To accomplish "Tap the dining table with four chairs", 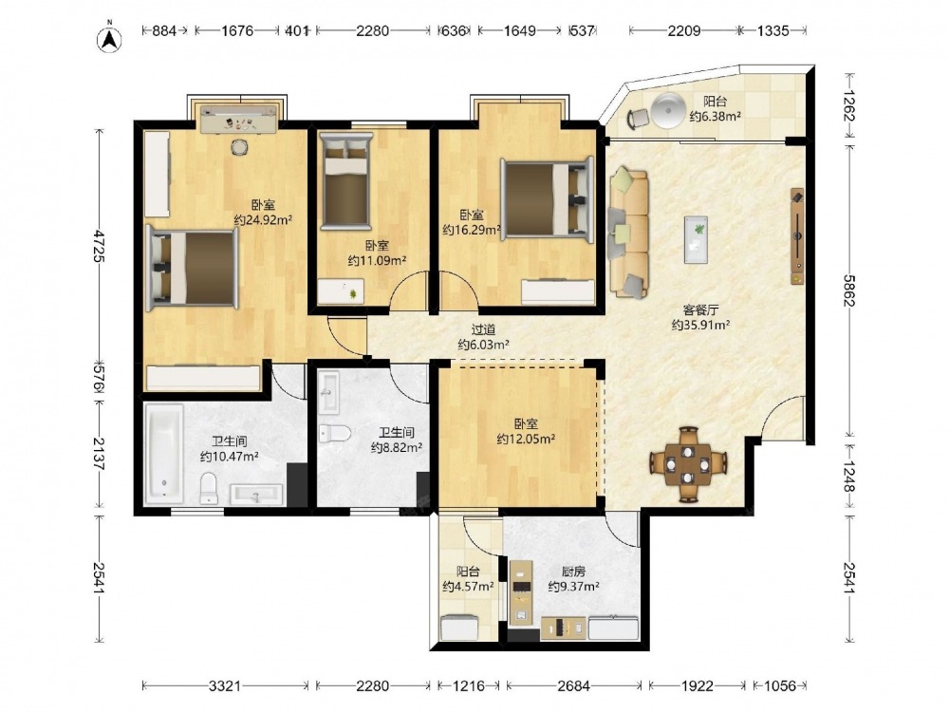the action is (x=688, y=464).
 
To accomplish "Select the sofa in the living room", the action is (x=628, y=233).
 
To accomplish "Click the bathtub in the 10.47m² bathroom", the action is (x=164, y=454).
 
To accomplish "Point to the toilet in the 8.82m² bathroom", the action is (x=335, y=433).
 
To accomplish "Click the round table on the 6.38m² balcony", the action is (x=668, y=111).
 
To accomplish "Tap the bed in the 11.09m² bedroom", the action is (x=345, y=181).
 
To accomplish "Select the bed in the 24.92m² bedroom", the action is (x=193, y=268).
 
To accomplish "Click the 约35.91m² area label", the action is (x=700, y=325).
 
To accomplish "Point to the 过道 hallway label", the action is (x=484, y=330).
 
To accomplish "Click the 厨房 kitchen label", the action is (x=574, y=571).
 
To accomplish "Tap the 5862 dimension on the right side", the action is (x=850, y=290).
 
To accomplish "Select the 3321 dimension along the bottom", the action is (x=225, y=686).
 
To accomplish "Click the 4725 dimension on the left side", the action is (x=99, y=245).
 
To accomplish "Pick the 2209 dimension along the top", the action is (x=684, y=30).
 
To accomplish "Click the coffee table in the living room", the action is (x=696, y=240).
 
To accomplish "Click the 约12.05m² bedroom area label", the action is (x=526, y=439).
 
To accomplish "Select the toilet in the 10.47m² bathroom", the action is (x=209, y=488).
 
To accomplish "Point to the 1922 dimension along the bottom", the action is (x=698, y=686).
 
